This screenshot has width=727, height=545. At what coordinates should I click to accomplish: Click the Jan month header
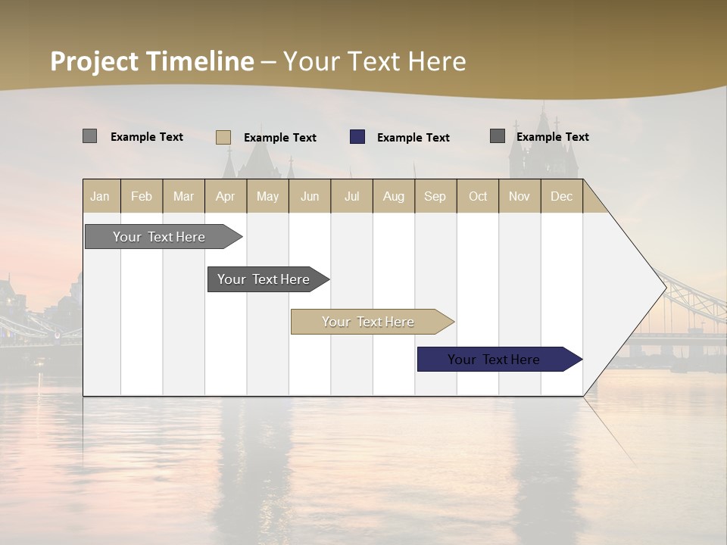click(100, 196)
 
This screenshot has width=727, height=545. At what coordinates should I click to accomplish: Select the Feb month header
click(142, 196)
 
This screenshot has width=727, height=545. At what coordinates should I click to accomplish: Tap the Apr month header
click(225, 196)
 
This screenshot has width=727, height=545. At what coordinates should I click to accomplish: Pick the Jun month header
click(310, 196)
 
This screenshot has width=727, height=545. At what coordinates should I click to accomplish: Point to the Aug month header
click(393, 196)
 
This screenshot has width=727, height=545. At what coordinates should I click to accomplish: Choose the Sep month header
click(435, 196)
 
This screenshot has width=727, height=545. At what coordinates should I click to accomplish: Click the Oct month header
click(478, 196)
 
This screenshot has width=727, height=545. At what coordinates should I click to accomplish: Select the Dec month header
click(561, 196)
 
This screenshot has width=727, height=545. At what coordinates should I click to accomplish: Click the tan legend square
click(223, 137)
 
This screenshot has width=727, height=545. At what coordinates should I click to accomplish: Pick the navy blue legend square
click(357, 137)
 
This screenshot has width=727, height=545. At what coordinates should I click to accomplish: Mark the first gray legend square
click(89, 136)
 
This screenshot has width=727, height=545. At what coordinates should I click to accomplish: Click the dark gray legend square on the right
click(498, 136)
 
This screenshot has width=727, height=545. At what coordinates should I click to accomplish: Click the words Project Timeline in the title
click(151, 61)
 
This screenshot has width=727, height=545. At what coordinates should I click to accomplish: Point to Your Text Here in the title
click(374, 61)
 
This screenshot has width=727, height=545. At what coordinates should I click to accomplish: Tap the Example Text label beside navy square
click(413, 138)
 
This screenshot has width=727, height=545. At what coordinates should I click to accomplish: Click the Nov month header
click(520, 196)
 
